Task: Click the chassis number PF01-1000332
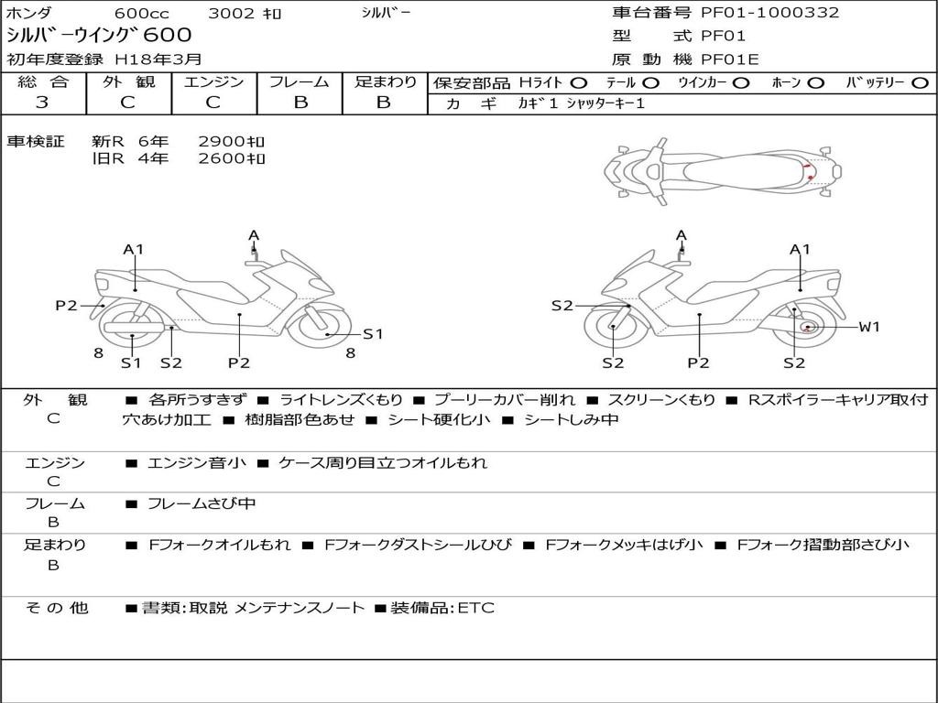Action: coord(769,13)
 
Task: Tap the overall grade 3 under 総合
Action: coord(42,103)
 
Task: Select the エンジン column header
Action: coord(213,81)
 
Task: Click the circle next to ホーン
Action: coord(816,83)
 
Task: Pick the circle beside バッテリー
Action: coord(920,83)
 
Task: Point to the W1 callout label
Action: coord(869,327)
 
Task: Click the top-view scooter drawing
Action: coord(723,172)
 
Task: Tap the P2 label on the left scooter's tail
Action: coord(66,306)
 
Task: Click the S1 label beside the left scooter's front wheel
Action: coord(373,334)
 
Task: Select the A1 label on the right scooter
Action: coord(800,249)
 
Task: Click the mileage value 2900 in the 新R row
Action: coord(222,142)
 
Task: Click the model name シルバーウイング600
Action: coord(99,36)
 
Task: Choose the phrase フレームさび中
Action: coord(202,504)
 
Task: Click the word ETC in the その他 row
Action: coord(476,608)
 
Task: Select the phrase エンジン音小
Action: coord(196,462)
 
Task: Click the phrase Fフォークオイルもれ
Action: coord(220,545)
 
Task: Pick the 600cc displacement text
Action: coord(142,13)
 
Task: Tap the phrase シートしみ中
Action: coord(572,419)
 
